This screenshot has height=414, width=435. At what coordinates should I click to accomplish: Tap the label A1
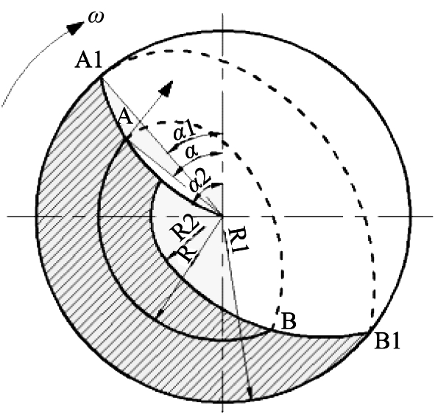tap(89, 61)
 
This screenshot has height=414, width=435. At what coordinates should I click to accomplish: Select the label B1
tap(387, 341)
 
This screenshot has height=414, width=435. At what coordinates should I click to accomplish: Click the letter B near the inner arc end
tap(289, 321)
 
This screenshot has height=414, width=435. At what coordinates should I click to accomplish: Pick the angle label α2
tap(200, 183)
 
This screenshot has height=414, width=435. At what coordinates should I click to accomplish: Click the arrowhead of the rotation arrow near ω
tap(76, 28)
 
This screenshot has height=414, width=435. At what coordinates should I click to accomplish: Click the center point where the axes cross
tap(222, 216)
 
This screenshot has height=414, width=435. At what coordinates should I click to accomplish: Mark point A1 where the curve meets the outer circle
tap(100, 78)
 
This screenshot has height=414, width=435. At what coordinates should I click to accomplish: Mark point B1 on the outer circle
tap(369, 331)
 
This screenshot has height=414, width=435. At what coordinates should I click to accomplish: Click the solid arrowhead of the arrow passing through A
tap(167, 88)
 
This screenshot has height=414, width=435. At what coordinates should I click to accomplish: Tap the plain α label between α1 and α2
tap(192, 151)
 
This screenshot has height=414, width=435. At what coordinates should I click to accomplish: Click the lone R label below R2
tap(186, 255)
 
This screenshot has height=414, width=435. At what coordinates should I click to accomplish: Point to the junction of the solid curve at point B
tap(272, 329)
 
